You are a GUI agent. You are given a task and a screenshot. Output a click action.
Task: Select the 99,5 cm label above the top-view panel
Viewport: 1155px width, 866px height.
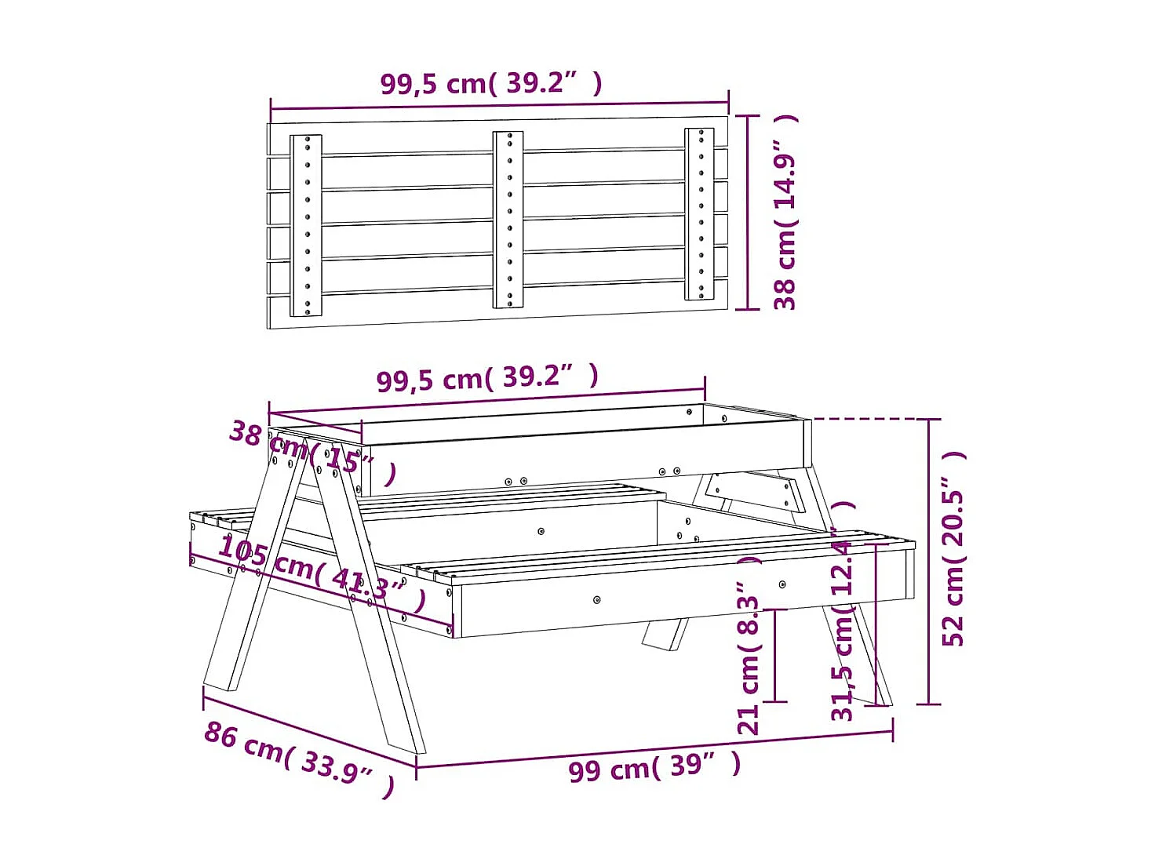click(491, 83)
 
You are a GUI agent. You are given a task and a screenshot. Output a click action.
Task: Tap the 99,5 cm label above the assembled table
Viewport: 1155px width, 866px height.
click(487, 378)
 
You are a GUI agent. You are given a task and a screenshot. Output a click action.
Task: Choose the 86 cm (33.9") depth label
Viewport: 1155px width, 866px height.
click(299, 751)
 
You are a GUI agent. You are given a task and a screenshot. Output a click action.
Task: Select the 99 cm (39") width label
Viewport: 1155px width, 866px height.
click(654, 766)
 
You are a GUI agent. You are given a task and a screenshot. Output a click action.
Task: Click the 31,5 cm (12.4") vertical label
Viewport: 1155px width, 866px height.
click(843, 612)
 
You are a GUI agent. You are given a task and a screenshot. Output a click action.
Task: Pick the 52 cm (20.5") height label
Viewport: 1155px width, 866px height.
click(954, 549)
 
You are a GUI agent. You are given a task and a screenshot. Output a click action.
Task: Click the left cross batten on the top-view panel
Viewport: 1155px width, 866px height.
click(306, 225)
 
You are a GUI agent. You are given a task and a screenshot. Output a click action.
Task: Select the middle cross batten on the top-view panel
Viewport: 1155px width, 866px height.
click(508, 220)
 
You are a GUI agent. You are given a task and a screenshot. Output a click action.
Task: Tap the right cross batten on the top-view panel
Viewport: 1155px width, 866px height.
click(699, 214)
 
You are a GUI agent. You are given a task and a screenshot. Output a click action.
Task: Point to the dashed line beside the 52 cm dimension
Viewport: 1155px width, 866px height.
click(863, 419)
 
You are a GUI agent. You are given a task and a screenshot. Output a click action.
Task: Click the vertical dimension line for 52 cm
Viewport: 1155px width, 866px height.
click(929, 561)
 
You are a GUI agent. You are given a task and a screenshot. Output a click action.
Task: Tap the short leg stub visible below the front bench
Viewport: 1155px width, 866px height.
click(665, 635)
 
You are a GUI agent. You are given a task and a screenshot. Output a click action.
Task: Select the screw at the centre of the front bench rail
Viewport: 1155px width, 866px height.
click(597, 600)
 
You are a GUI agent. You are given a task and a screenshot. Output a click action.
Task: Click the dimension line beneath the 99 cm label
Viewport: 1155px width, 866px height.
click(654, 749)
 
